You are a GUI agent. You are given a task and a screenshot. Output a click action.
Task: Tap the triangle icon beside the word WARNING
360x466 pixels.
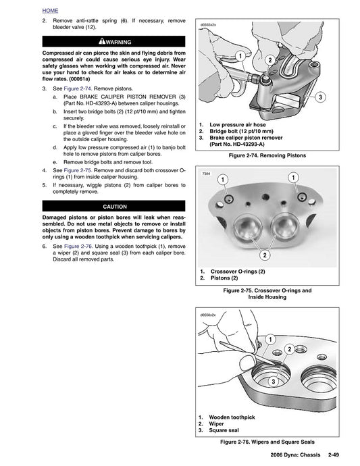coord(101,41)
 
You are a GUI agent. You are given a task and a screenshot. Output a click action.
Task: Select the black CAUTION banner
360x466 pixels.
coord(113,206)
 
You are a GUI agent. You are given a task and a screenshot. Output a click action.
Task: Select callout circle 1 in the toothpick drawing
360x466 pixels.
coord(269,338)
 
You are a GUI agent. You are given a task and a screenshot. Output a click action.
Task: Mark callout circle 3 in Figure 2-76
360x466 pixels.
coord(272,382)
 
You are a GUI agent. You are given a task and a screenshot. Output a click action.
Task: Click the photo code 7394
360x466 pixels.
coord(207,174)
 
